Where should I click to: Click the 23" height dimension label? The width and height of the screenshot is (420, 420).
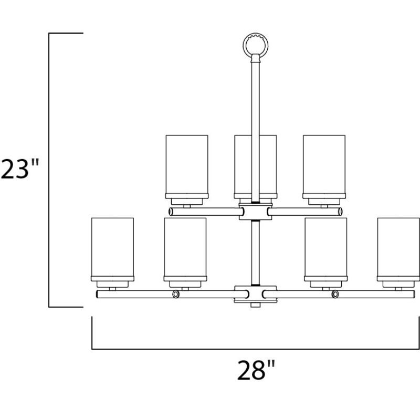20,169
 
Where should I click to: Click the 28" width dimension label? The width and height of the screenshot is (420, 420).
256,370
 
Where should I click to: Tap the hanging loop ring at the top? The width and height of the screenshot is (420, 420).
256,46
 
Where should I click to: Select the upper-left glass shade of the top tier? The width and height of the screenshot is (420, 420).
187,166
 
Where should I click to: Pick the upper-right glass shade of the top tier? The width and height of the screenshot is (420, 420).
324,166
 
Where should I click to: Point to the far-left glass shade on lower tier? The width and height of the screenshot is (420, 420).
112,249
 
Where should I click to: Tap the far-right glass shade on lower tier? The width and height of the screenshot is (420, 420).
398,249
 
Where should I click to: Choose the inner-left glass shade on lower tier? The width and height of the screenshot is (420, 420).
185,249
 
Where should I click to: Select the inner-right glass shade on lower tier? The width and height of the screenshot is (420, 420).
325,249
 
